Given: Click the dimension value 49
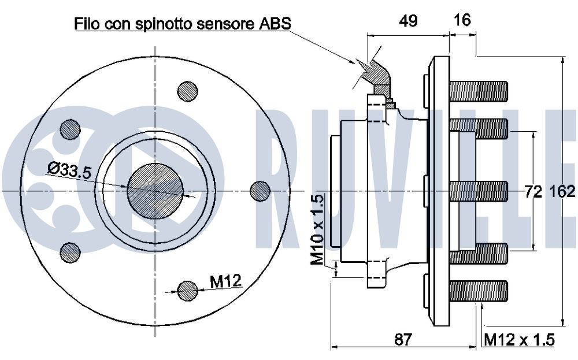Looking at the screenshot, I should click(x=409, y=21).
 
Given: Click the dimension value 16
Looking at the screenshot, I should click(x=462, y=21).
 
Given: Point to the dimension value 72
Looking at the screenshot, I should click(x=533, y=191).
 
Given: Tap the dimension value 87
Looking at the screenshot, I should click(x=405, y=340).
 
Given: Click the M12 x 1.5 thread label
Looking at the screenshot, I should click(x=519, y=340).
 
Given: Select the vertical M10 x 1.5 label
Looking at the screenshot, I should click(x=318, y=229).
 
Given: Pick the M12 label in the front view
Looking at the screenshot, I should click(x=225, y=282).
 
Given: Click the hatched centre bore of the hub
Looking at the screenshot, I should click(x=155, y=190).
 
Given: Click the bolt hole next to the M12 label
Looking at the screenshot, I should click(x=187, y=291).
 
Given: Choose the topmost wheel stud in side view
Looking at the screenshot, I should click(x=478, y=91).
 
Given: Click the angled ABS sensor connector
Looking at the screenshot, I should click(x=377, y=72).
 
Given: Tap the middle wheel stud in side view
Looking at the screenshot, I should click(x=478, y=191).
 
